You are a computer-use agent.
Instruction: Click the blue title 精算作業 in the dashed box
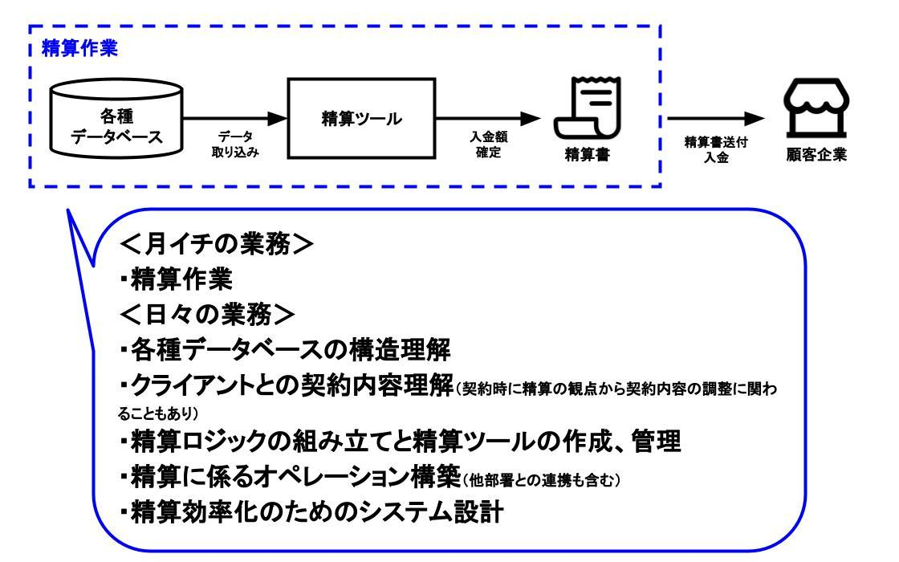pyautogui.click(x=79, y=48)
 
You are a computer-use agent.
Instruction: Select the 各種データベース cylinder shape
pyautogui.click(x=116, y=118)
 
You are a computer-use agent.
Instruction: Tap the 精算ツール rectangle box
pyautogui.click(x=361, y=118)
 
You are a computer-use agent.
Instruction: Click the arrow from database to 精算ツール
pyautogui.click(x=235, y=119)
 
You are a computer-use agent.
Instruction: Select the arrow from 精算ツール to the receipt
pyautogui.click(x=488, y=119)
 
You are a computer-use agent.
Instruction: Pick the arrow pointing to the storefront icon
pyautogui.click(x=715, y=119)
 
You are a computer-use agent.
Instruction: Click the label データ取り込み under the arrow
pyautogui.click(x=235, y=145)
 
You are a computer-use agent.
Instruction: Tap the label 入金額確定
pyautogui.click(x=489, y=145)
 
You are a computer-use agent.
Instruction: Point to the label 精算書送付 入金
pyautogui.click(x=716, y=149)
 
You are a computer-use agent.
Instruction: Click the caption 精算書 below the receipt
pyautogui.click(x=588, y=154)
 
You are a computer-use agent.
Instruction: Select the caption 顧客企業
pyautogui.click(x=816, y=154)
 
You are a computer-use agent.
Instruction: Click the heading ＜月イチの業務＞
pyautogui.click(x=217, y=244)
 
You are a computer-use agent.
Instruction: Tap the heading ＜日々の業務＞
pyautogui.click(x=208, y=314)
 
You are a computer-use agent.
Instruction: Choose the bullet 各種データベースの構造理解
pyautogui.click(x=286, y=350)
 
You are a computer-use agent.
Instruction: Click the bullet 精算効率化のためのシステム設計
pyautogui.click(x=312, y=512)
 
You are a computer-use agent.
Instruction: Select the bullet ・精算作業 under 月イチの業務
pyautogui.click(x=176, y=279)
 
